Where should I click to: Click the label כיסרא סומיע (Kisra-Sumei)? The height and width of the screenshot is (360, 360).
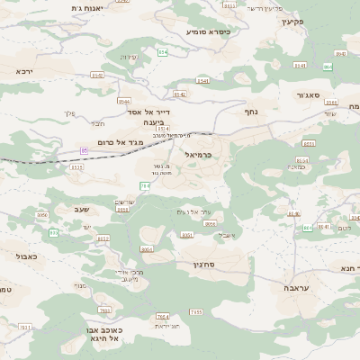208,31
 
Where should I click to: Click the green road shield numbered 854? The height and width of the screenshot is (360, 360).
163,53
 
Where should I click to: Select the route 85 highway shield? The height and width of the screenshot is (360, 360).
85,149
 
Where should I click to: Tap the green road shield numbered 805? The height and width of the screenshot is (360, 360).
53,233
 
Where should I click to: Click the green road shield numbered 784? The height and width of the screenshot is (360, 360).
145,186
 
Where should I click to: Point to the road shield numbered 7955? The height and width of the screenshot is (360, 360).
195,311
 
